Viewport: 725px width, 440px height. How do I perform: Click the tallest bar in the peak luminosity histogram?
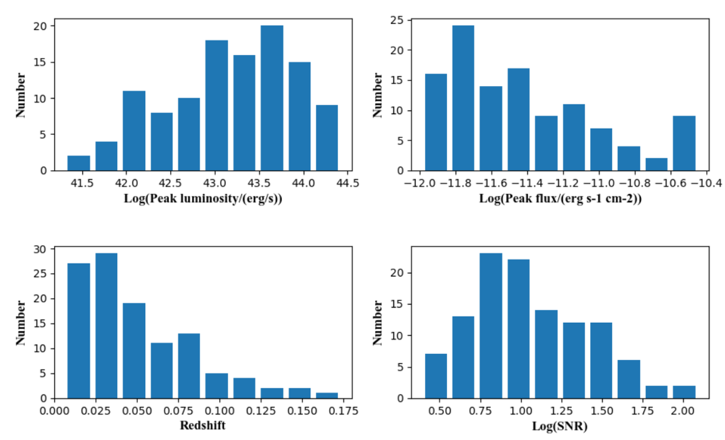272,98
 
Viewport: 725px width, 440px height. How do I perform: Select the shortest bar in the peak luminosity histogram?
79,163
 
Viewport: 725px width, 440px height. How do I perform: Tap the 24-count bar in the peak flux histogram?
463,98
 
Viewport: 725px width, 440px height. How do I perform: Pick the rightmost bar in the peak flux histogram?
684,143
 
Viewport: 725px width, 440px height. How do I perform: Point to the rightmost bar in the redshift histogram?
327,395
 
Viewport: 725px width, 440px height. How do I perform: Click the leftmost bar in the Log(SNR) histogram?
435,376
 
